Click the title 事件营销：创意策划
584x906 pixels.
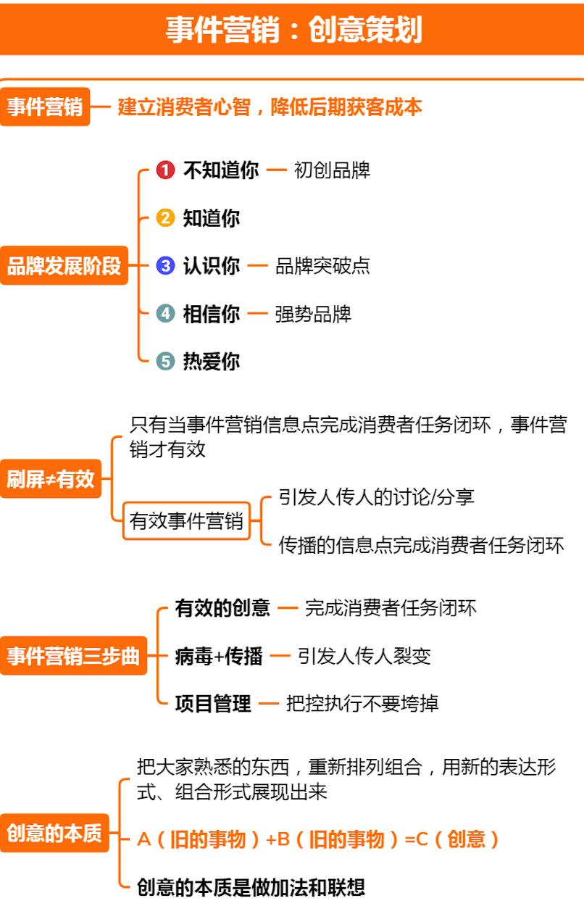(x=294, y=30)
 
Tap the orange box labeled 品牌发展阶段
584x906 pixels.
(x=64, y=265)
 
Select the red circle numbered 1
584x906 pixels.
(x=165, y=170)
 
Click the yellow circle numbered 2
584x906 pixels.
(x=165, y=218)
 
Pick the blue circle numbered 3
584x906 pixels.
(x=165, y=266)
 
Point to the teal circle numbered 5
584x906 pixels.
(x=165, y=361)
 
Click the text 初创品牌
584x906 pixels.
(x=332, y=170)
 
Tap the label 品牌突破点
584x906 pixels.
(x=322, y=266)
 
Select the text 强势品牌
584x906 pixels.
(x=313, y=315)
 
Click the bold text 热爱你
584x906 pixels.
(x=212, y=362)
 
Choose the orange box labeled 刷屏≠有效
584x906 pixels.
(x=51, y=479)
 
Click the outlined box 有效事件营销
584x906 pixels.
(x=186, y=521)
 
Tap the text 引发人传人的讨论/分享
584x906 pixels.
(x=377, y=497)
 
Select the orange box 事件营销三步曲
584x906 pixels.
(x=73, y=656)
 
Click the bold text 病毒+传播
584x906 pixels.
(x=219, y=656)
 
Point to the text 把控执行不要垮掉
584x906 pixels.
(x=362, y=704)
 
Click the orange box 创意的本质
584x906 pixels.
(x=54, y=833)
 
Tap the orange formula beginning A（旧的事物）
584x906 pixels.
(x=318, y=839)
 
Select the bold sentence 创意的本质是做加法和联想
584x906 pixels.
(x=251, y=887)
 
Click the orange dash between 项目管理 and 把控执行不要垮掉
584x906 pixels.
(x=269, y=704)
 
